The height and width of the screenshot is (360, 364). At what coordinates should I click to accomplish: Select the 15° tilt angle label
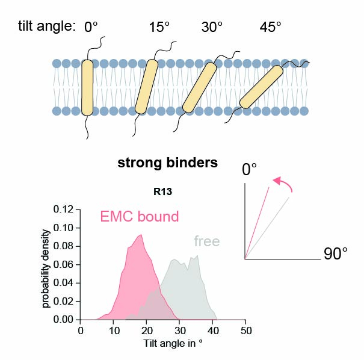[x=160, y=27]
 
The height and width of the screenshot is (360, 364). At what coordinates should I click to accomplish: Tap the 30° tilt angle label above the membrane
[x=211, y=27]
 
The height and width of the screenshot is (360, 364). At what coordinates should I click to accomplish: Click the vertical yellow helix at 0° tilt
[x=87, y=87]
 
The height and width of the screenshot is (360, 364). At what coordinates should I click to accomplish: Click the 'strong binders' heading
[x=167, y=163]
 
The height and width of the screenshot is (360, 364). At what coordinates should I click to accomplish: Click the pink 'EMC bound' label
[x=138, y=217]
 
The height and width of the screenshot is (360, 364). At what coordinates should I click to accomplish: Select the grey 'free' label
[x=206, y=242]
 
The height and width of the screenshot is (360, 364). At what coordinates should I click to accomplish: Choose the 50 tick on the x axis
[x=245, y=330]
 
